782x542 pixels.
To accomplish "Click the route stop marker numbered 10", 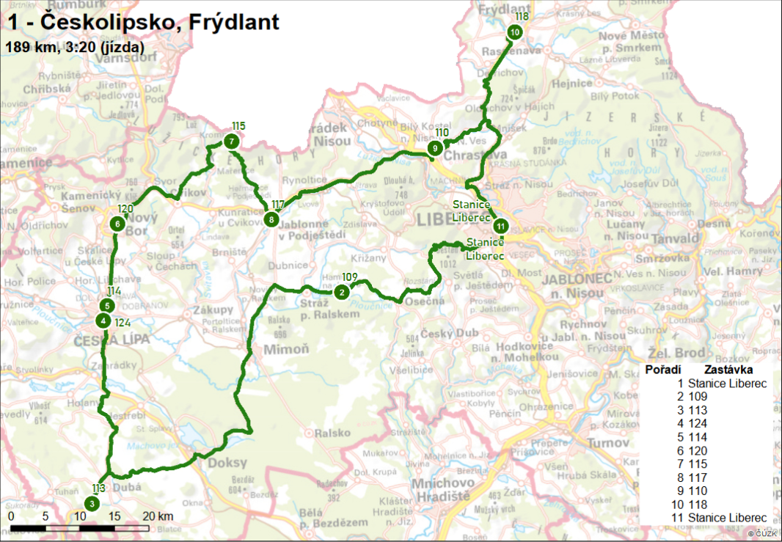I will (x=514, y=32).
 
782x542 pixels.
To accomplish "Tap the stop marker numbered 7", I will (x=231, y=141).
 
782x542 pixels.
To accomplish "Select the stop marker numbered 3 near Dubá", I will (x=91, y=503).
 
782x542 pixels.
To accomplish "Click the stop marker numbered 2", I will (x=340, y=292).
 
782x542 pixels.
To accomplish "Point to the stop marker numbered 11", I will (x=500, y=225).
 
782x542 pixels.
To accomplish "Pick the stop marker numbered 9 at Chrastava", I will (x=435, y=148).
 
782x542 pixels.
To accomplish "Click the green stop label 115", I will (x=238, y=125).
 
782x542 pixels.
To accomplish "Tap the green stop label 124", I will (x=123, y=321).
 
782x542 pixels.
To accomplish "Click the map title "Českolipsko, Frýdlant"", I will (x=143, y=22).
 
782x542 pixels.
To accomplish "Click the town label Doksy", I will (x=227, y=463).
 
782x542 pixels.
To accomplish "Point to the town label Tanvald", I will (x=673, y=240).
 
